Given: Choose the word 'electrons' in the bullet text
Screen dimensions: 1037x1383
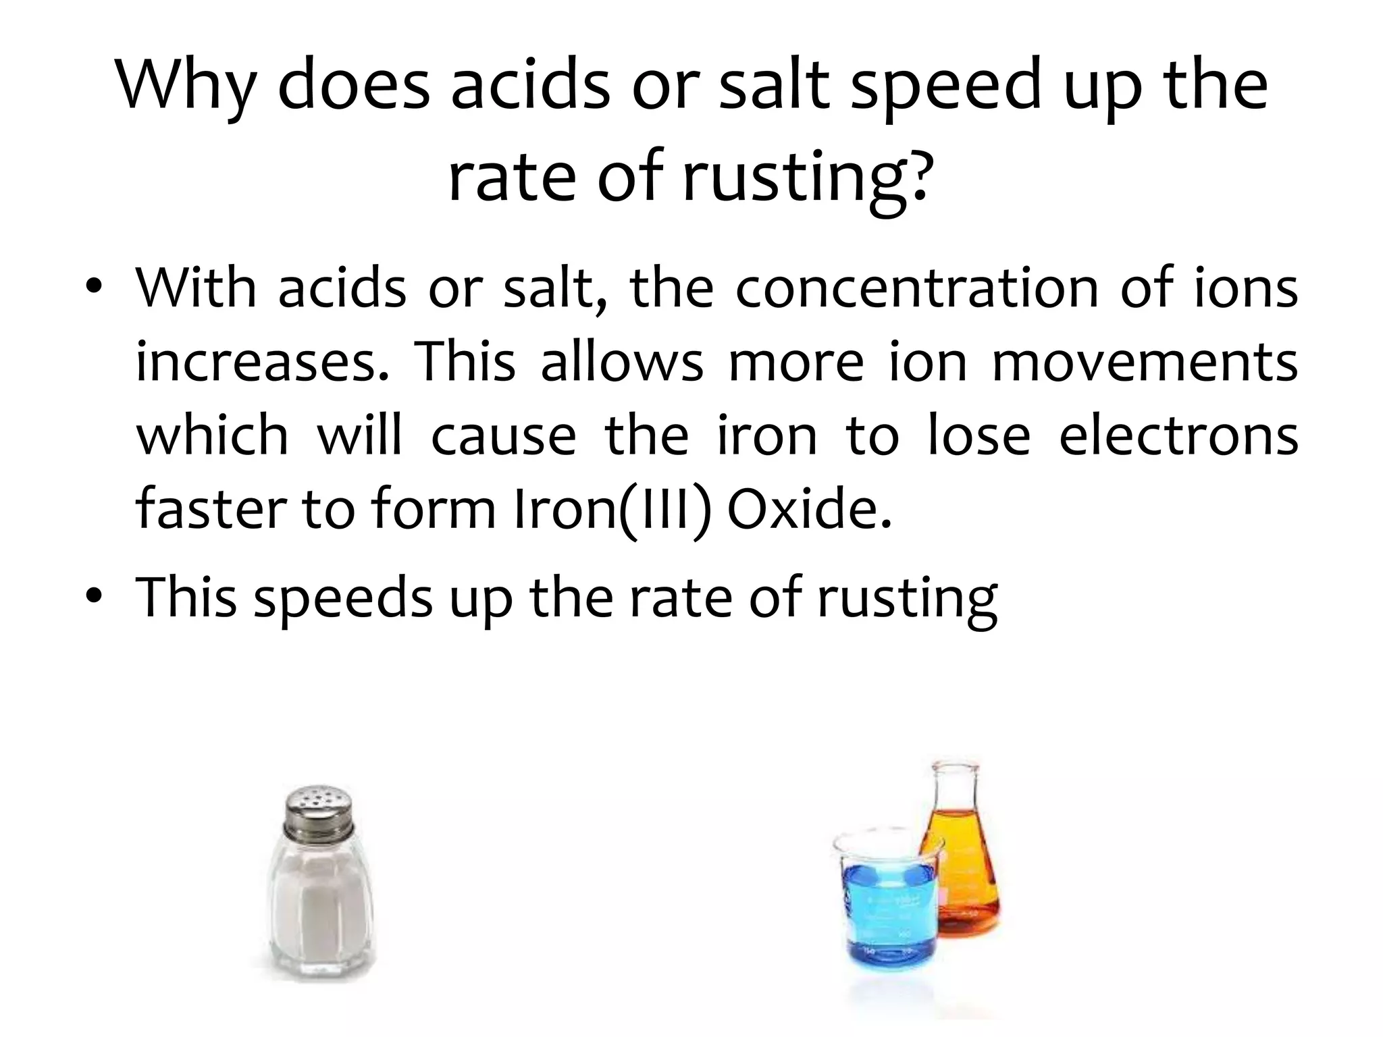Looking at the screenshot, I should pyautogui.click(x=1178, y=436).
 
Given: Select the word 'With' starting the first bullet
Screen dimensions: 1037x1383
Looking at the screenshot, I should pyautogui.click(x=196, y=289).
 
